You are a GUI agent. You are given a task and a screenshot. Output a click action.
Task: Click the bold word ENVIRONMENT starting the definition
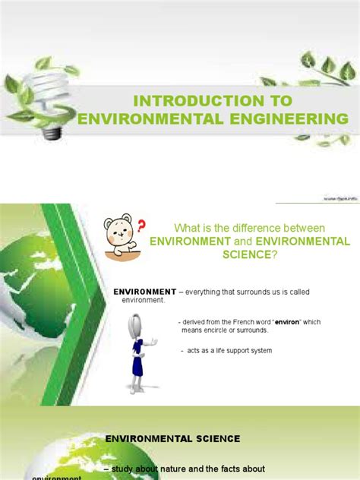point(144,292)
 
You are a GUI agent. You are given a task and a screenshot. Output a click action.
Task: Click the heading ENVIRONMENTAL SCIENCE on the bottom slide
point(172,439)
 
